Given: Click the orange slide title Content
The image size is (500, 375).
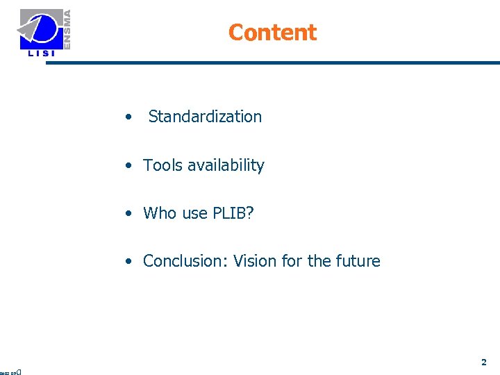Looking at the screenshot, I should coord(272,33).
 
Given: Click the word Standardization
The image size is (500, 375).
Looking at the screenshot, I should coord(205,117).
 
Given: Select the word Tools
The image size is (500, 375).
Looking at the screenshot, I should coord(161,165).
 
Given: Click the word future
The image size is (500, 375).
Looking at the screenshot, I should coord(358,261).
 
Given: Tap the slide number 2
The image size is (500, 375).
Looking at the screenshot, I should coord(484,362).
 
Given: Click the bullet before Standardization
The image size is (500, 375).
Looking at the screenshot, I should coord(129,117).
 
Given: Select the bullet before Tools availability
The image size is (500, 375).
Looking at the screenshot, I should coord(129,166).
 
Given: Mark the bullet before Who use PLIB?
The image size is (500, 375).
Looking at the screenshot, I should coord(129,214).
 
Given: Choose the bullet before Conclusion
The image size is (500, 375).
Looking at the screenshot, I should coord(129,262).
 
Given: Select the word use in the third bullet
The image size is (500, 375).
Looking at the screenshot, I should coord(195,213).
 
